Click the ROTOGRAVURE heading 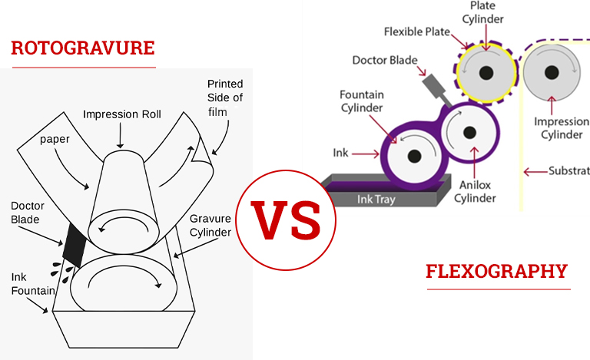tap(83, 48)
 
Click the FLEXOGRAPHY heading tap(496, 271)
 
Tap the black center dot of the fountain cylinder tap(414, 156)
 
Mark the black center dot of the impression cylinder tap(549, 73)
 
